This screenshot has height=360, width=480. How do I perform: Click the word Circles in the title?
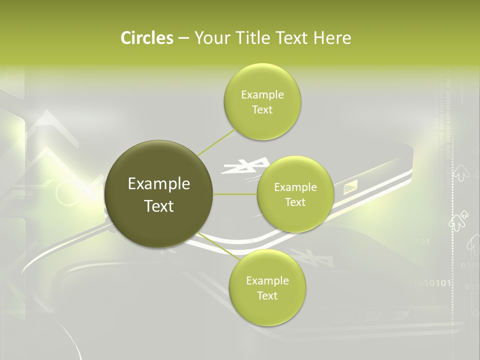pyautogui.click(x=146, y=38)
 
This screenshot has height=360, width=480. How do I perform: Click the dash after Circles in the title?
pyautogui.click(x=183, y=38)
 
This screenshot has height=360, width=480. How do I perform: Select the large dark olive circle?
pyautogui.click(x=159, y=194)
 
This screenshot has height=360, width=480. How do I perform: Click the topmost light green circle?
pyautogui.click(x=262, y=102)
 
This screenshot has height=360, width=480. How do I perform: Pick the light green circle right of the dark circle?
pyautogui.click(x=295, y=194)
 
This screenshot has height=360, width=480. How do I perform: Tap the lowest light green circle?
pyautogui.click(x=267, y=287)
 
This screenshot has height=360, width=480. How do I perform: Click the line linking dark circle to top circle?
pyautogui.click(x=217, y=142)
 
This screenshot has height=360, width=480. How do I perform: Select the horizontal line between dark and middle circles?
pyautogui.click(x=235, y=194)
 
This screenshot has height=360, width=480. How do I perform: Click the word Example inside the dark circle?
pyautogui.click(x=159, y=184)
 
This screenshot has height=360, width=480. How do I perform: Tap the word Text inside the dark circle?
pyautogui.click(x=159, y=206)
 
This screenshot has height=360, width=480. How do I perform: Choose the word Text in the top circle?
pyautogui.click(x=262, y=110)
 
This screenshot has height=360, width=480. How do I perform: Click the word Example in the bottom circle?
pyautogui.click(x=267, y=280)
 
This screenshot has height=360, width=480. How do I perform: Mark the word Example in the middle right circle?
pyautogui.click(x=295, y=187)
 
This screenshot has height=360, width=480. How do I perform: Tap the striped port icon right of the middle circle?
pyautogui.click(x=350, y=187)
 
